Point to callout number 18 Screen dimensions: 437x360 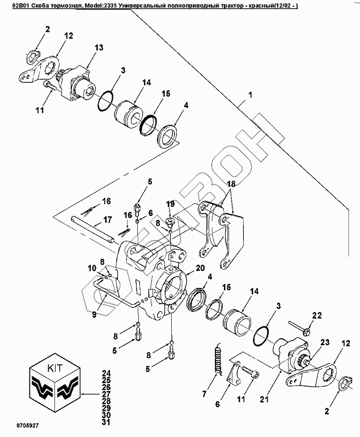pos(231,185)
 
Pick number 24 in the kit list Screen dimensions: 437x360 pos(106,372)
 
